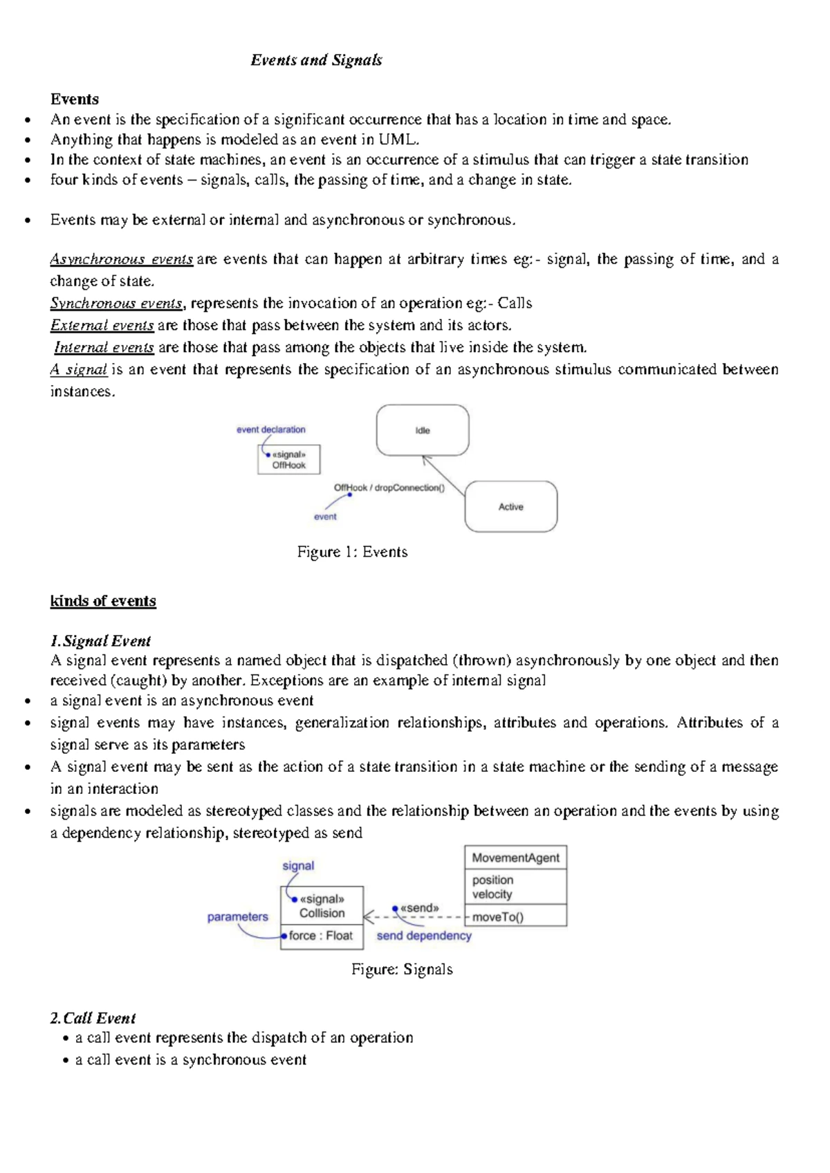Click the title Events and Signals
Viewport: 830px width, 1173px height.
tap(316, 60)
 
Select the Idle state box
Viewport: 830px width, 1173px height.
tap(423, 430)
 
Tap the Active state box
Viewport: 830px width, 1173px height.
tap(510, 507)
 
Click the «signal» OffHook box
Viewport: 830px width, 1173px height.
tap(288, 460)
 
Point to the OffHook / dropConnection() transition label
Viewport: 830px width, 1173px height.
tap(389, 488)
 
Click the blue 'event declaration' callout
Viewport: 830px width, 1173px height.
tap(270, 430)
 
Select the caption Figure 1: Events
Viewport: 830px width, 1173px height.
tap(352, 552)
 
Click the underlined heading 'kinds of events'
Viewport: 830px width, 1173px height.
tap(103, 600)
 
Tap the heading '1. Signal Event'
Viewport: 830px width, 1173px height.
tap(100, 640)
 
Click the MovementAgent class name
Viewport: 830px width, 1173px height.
tap(515, 858)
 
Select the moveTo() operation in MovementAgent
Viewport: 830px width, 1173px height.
tap(498, 917)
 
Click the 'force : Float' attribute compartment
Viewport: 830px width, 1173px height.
tap(321, 936)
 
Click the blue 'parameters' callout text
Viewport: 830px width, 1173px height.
tap(237, 916)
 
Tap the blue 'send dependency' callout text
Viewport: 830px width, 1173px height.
tap(424, 936)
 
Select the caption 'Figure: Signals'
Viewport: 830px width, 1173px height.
tap(402, 969)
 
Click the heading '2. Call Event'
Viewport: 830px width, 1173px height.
tap(93, 1018)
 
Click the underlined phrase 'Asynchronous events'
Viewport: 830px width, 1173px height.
tap(122, 259)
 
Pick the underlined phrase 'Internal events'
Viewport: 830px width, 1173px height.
tap(104, 347)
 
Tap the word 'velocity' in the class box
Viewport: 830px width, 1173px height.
tap(492, 894)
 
